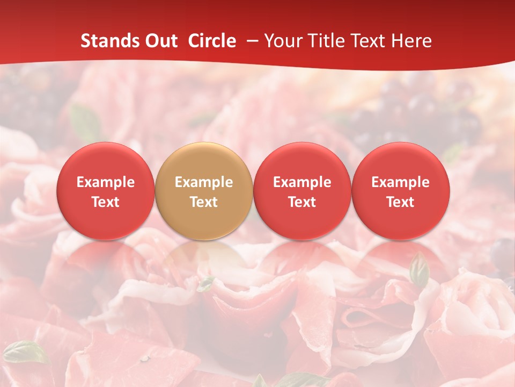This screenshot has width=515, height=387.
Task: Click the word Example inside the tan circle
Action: pyautogui.click(x=204, y=182)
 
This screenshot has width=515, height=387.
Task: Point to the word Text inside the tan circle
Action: pyautogui.click(x=204, y=202)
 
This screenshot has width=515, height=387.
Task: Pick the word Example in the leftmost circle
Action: pyautogui.click(x=106, y=182)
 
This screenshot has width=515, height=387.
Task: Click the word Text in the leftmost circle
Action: pyautogui.click(x=106, y=202)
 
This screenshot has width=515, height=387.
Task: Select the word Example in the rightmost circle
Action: pyautogui.click(x=401, y=182)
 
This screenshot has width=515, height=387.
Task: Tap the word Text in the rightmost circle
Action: pyautogui.click(x=401, y=202)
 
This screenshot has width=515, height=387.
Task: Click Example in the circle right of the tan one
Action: pyautogui.click(x=302, y=182)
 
